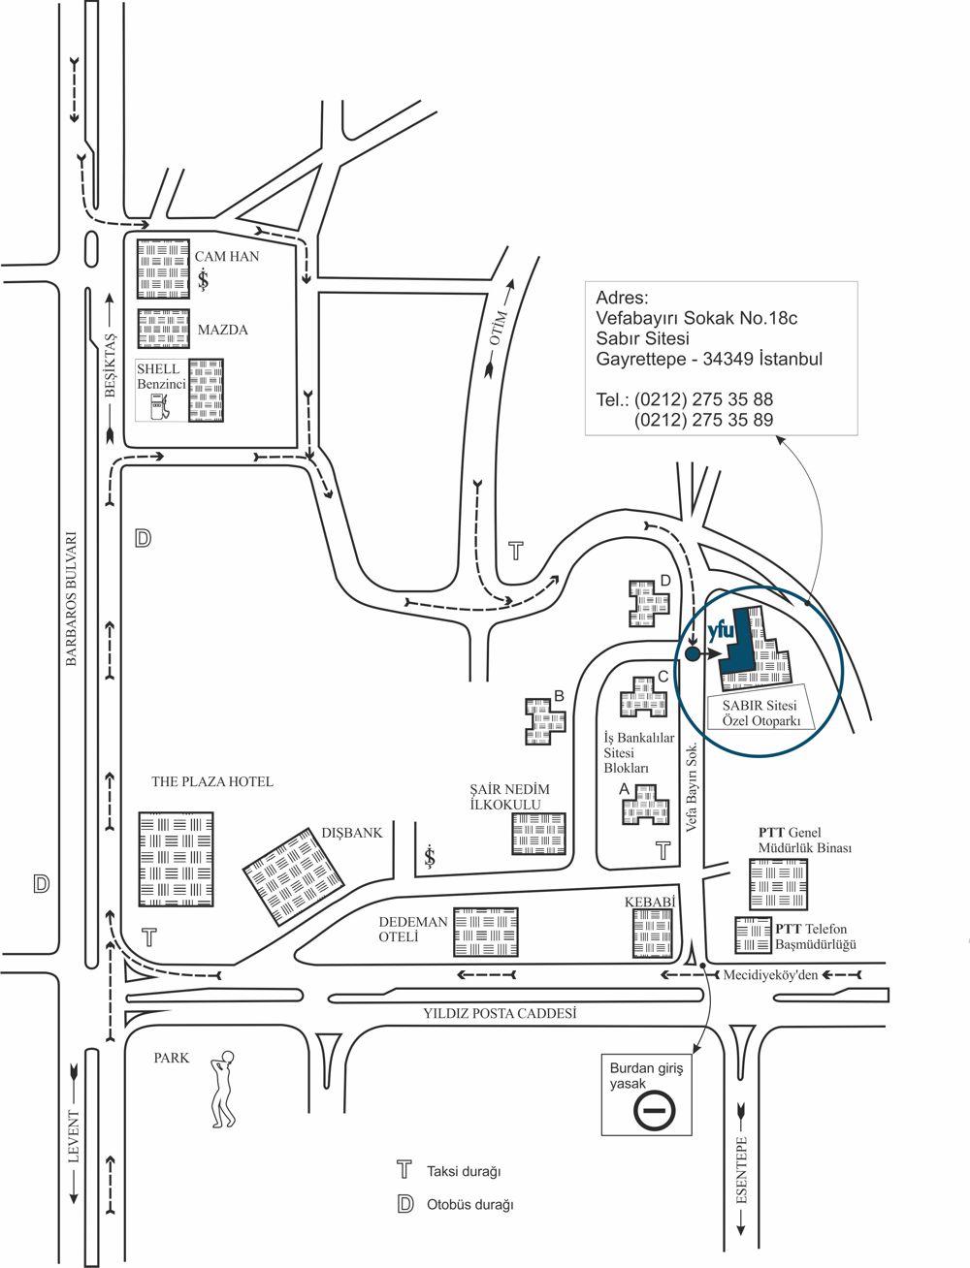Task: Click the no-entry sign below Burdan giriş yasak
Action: pos(655,1109)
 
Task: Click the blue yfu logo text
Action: pos(722,630)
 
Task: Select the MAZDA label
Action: pos(222,330)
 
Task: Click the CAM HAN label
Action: pos(227,257)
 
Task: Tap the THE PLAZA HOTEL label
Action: pos(212,781)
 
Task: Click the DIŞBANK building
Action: pos(293,876)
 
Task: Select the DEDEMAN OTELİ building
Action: pos(486,932)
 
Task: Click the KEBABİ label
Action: pos(649,902)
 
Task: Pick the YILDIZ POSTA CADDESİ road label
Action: pos(500,1013)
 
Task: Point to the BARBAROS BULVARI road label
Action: pos(71,600)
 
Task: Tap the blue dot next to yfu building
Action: pos(693,654)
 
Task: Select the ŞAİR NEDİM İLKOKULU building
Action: pos(539,834)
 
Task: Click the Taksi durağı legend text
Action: pos(464,1171)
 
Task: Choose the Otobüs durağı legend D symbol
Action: pos(404,1205)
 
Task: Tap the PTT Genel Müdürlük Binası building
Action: pos(777,884)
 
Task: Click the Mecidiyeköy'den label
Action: pos(770,974)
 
